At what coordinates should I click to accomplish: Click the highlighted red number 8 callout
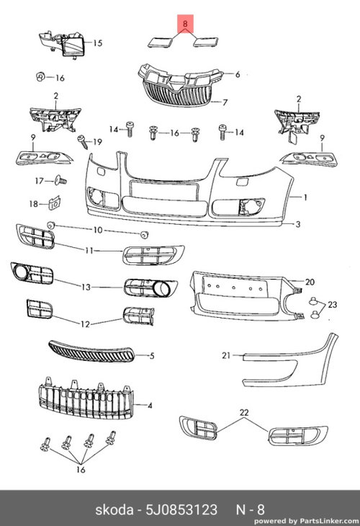185,23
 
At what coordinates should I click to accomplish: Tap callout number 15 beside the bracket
97,43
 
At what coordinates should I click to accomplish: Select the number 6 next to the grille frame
238,74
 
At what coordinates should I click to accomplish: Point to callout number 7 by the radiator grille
225,102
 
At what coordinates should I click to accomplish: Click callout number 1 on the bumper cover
305,197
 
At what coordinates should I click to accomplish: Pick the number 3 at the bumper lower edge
298,224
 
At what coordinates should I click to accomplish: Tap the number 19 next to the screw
97,142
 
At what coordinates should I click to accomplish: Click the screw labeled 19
83,141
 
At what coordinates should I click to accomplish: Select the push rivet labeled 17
60,180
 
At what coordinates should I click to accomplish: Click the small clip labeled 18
55,202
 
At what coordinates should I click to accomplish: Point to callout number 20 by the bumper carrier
310,282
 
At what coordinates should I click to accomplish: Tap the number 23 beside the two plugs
332,305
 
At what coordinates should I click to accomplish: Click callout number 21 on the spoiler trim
227,355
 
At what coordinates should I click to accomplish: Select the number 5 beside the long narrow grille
152,355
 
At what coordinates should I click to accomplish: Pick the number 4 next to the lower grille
150,406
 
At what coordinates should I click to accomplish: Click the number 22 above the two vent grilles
244,412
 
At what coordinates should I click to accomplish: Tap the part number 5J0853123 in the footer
181,510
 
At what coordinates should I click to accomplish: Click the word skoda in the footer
114,510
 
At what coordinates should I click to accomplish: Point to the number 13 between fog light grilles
86,287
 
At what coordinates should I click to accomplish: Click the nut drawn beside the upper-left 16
40,77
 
